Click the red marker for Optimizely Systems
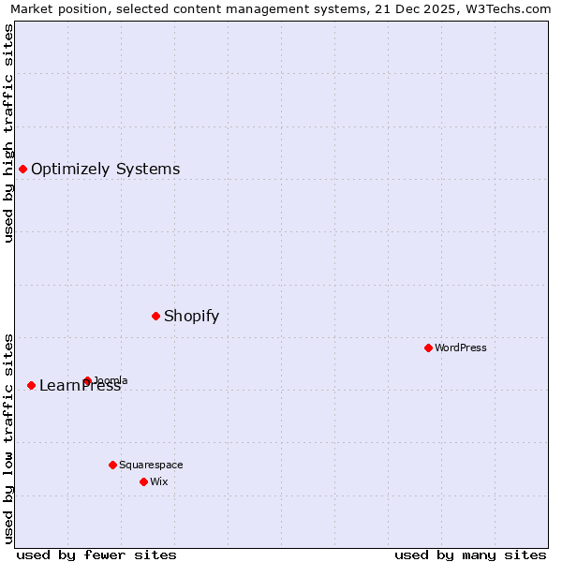(23, 169)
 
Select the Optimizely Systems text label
(105, 170)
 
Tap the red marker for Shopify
(155, 316)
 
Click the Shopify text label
(191, 317)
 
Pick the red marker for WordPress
(428, 348)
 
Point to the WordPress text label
(461, 348)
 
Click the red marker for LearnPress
(31, 385)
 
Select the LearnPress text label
(80, 386)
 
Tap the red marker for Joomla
(87, 380)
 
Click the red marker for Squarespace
(112, 465)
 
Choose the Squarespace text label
(151, 465)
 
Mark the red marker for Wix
(143, 481)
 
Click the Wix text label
(158, 481)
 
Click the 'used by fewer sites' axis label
(96, 555)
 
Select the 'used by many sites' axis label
(470, 555)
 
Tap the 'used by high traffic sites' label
(9, 133)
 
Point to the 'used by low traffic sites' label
(9, 437)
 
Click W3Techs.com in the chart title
(511, 9)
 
